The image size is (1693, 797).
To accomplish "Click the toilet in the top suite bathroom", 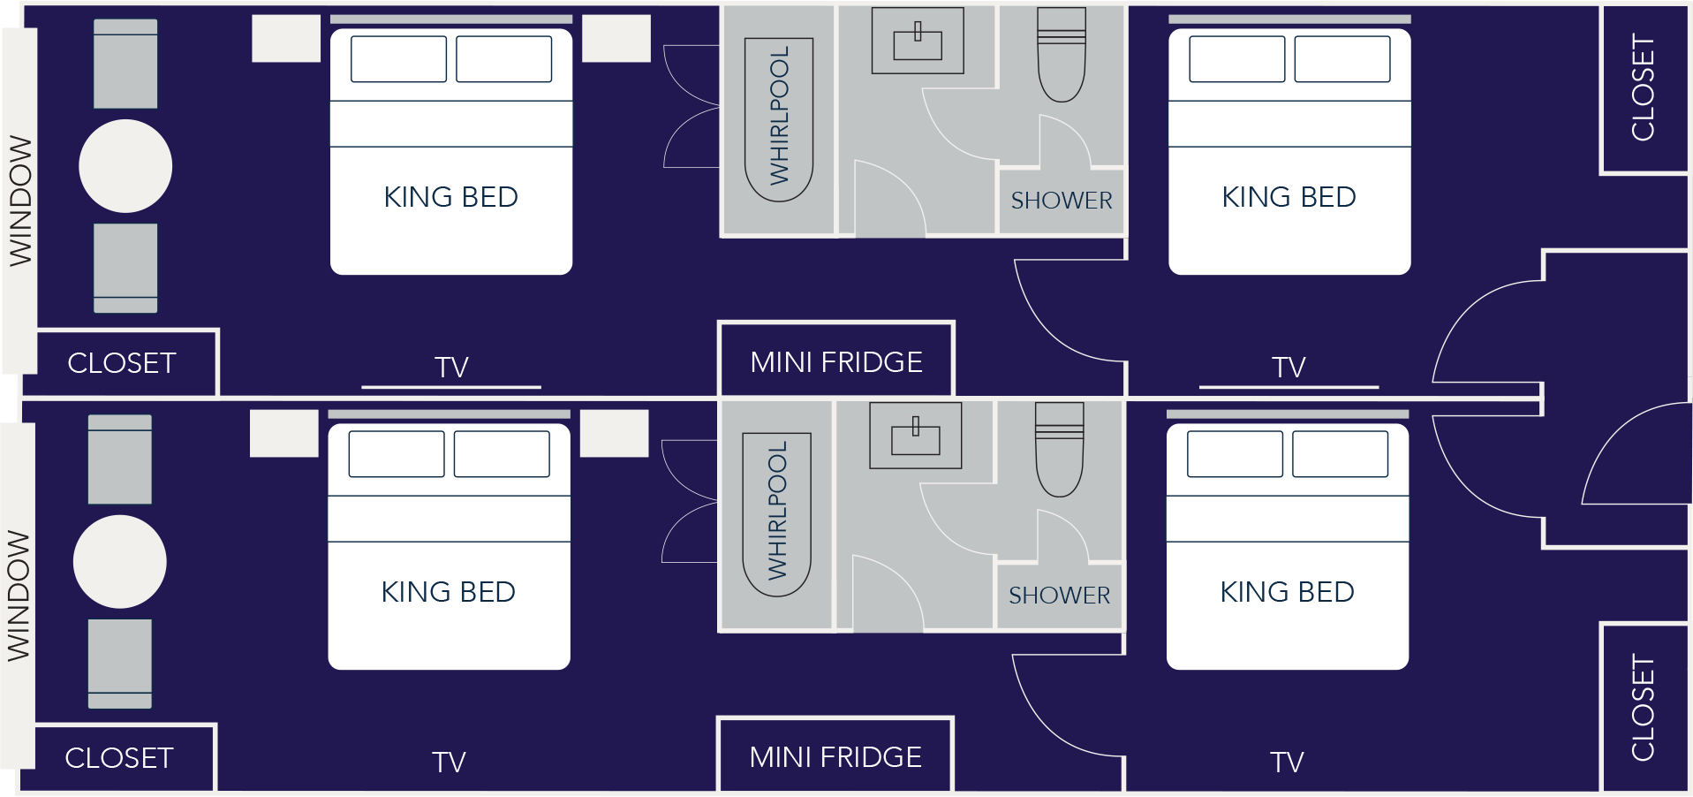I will (1061, 57).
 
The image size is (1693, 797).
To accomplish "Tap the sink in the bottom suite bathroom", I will (916, 436).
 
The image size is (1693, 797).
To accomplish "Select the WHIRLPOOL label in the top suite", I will (779, 117).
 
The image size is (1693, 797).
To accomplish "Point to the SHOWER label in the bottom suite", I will (1059, 596).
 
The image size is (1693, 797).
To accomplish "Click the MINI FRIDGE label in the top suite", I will (836, 362).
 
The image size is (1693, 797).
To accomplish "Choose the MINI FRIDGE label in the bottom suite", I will (835, 757).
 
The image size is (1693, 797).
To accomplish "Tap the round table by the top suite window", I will (125, 166).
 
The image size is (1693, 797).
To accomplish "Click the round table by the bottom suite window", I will (120, 562).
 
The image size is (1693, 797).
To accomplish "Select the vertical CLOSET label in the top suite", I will (1643, 87).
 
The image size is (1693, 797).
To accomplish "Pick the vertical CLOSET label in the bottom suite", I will (1643, 708).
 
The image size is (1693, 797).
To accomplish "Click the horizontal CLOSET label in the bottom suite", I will (119, 758).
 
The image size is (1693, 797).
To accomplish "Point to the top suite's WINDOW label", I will (20, 201).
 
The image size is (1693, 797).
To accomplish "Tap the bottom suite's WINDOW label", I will (19, 596).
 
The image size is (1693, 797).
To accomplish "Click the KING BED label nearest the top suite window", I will (450, 197).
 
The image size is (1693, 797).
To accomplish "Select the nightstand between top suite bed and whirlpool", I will (616, 39).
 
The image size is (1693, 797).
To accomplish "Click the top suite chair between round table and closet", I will (125, 268).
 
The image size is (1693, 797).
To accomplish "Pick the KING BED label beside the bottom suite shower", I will (1287, 592).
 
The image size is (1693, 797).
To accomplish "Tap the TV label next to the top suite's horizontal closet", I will (451, 368).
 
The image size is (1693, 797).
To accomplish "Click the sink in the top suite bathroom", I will (918, 42).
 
